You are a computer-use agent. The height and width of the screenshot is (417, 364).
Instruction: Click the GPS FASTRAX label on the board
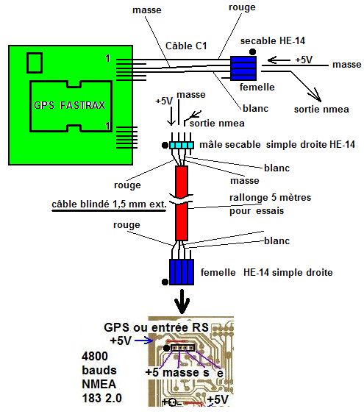tap(69, 105)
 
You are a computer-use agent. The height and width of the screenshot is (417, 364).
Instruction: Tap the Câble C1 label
tap(186, 46)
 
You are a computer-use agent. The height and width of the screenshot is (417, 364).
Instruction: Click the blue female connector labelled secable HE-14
tap(243, 68)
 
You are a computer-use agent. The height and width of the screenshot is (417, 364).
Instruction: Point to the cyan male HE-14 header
tap(182, 145)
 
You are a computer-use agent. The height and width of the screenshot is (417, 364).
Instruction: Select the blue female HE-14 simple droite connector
tap(182, 272)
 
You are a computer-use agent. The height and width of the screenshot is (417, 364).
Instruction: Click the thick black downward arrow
tap(182, 301)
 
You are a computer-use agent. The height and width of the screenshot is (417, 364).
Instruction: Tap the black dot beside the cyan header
tap(165, 145)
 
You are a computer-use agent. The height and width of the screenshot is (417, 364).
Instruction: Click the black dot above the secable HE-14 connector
tap(252, 51)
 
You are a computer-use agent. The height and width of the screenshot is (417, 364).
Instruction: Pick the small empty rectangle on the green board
tap(35, 63)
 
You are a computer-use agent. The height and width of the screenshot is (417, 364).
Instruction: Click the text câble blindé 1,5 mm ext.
tap(109, 204)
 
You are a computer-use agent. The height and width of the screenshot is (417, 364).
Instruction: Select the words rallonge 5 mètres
tap(270, 198)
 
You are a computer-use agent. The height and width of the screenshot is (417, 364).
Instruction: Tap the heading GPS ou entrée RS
tap(156, 327)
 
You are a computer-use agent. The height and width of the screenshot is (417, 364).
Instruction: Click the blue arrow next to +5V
tap(144, 341)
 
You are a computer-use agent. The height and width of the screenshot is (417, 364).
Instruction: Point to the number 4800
tap(95, 356)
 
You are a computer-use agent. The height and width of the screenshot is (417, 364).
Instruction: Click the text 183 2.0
tap(101, 398)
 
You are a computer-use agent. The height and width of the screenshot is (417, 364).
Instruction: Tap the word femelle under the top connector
tap(257, 87)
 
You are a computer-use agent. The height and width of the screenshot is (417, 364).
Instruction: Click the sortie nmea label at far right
tap(321, 110)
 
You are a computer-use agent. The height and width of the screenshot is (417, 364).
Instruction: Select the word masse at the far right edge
tap(346, 65)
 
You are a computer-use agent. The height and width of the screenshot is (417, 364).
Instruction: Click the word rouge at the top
tap(242, 7)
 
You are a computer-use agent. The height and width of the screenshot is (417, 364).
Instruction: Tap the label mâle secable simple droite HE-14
tap(277, 144)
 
